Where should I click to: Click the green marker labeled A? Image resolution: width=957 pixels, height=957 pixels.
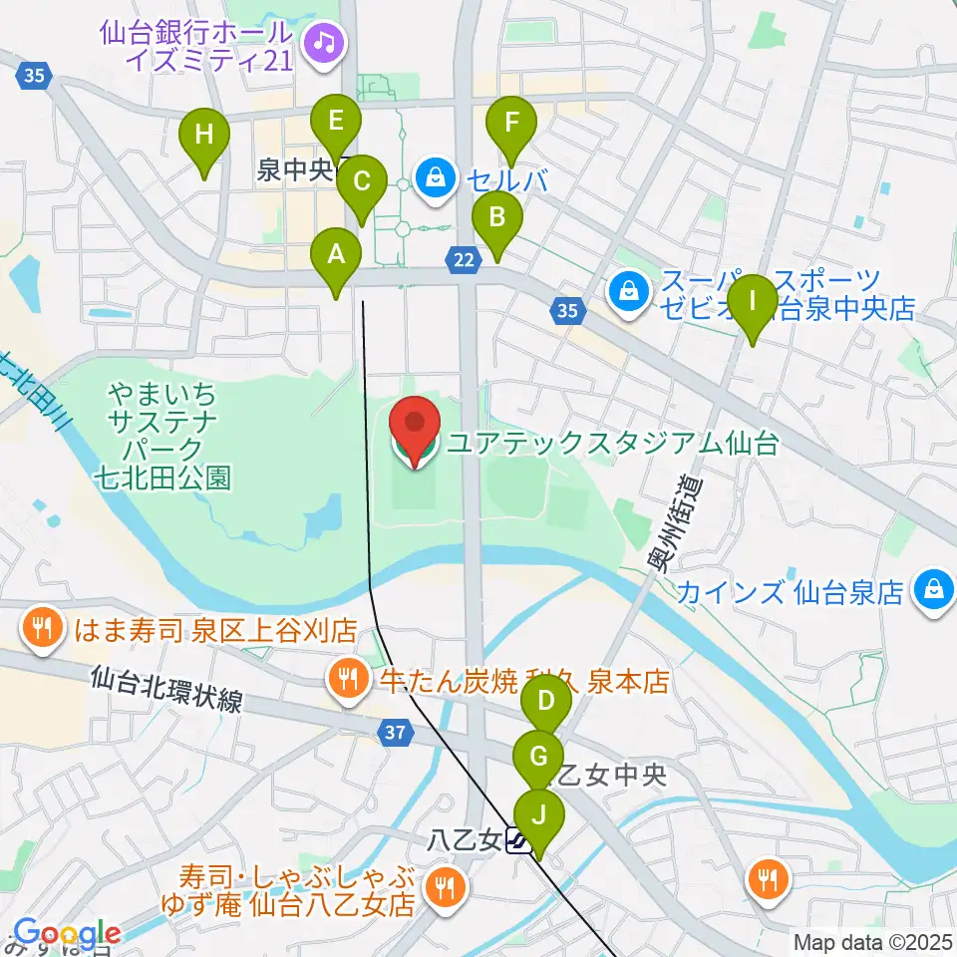coord(337,257)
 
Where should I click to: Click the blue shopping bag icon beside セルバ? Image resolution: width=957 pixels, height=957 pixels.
coord(435,179)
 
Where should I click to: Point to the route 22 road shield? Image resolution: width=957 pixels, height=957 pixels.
coord(462,259)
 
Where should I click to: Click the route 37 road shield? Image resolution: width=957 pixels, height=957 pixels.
coord(395,733)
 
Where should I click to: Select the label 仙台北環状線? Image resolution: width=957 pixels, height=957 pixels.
coord(164,690)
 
